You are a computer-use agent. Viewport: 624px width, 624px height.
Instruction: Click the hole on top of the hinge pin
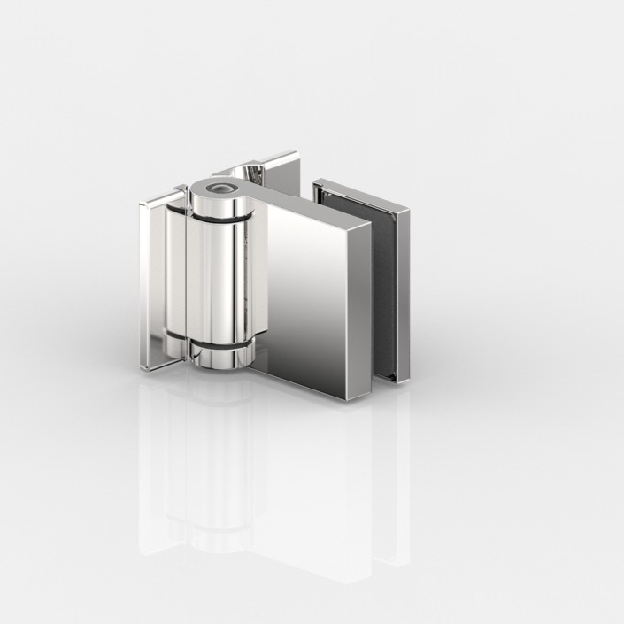coord(218,188)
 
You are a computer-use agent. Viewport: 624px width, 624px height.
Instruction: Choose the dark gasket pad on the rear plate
coord(386,283)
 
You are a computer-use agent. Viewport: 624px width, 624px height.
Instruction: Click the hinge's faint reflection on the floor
coord(266,478)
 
